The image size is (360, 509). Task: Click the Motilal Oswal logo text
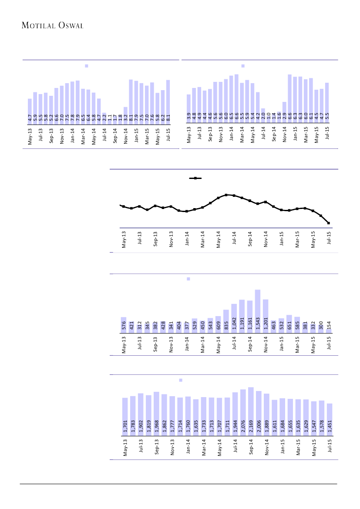click(53, 26)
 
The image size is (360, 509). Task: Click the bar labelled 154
click(329, 330)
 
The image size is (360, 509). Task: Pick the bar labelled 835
click(226, 321)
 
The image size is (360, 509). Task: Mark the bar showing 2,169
click(251, 410)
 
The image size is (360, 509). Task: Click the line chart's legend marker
click(195, 178)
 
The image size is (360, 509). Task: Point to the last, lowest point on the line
click(329, 223)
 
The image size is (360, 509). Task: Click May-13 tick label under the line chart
click(124, 240)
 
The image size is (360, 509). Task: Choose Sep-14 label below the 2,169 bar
click(251, 446)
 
